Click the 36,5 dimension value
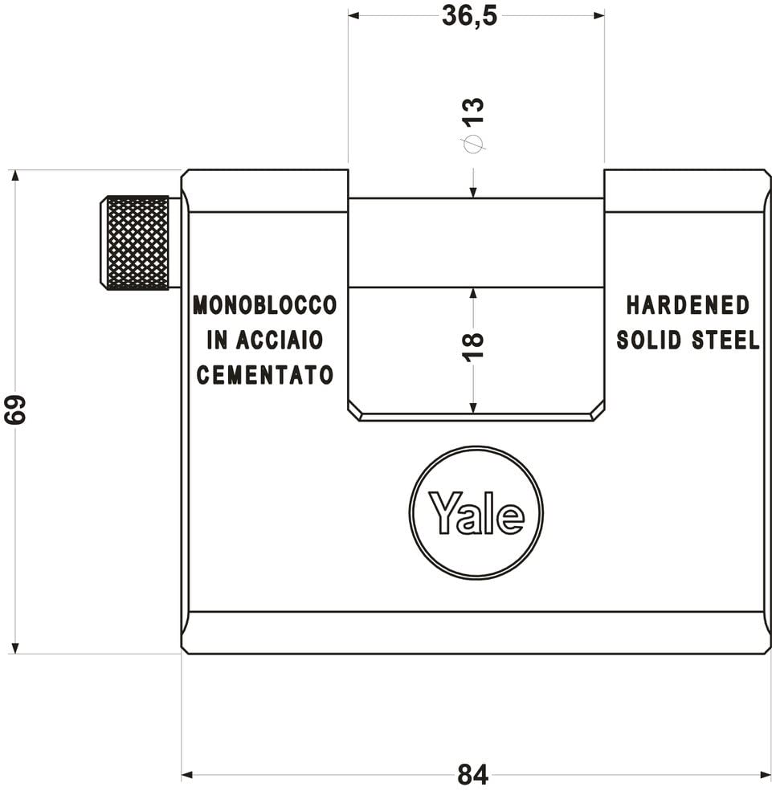point(469,16)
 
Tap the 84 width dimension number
point(472,775)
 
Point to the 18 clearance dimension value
point(474,345)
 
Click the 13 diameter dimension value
point(474,110)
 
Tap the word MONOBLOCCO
point(264,305)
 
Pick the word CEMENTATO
point(264,375)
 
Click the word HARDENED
point(688,305)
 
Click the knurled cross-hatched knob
point(137,243)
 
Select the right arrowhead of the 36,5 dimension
point(598,15)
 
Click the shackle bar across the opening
point(476,243)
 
